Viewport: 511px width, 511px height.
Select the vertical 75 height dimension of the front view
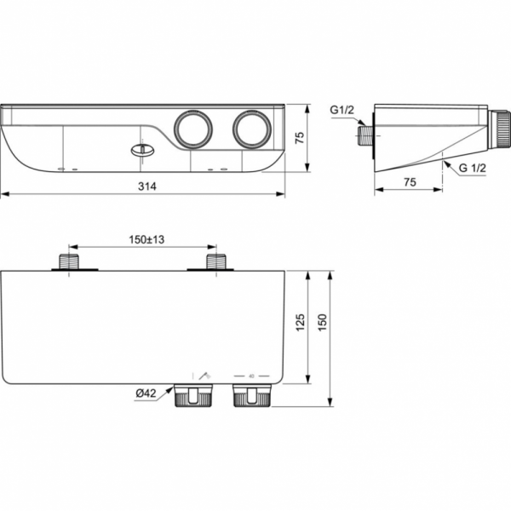tap(299, 138)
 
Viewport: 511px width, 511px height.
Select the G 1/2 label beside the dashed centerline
tap(473, 170)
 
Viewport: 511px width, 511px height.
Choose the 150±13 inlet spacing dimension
tap(146, 239)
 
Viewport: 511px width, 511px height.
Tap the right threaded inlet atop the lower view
tap(218, 261)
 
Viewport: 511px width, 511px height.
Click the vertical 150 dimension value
tap(322, 324)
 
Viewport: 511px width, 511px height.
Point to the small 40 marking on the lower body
tap(251, 375)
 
